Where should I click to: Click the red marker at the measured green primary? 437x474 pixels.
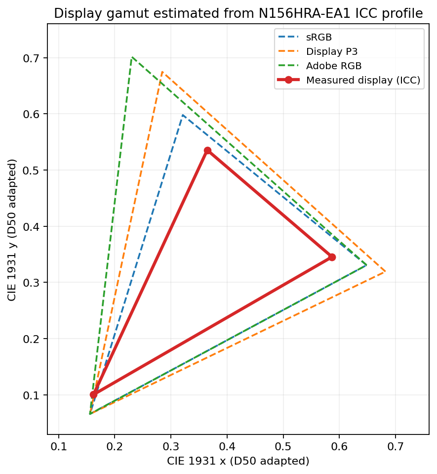point(207,151)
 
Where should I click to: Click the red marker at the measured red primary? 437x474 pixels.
point(332,257)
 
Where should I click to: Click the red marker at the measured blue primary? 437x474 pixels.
point(94,394)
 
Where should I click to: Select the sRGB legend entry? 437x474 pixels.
point(305,37)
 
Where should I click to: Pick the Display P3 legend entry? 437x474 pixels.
point(318,51)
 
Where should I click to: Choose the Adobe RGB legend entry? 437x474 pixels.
point(319,66)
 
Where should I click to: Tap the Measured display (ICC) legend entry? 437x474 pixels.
point(349,80)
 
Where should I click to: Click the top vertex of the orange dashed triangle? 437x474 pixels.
point(162,72)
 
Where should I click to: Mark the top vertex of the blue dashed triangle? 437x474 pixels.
point(183,115)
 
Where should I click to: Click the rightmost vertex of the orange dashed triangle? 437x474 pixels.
point(385,271)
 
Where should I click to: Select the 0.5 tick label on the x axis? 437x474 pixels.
point(283,446)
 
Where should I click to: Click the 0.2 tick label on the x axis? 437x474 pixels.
point(115,446)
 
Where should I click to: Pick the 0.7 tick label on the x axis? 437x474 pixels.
point(396,446)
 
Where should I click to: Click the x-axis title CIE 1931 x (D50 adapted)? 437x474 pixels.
point(238,461)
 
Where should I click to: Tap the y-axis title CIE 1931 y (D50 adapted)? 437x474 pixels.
point(12,230)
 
